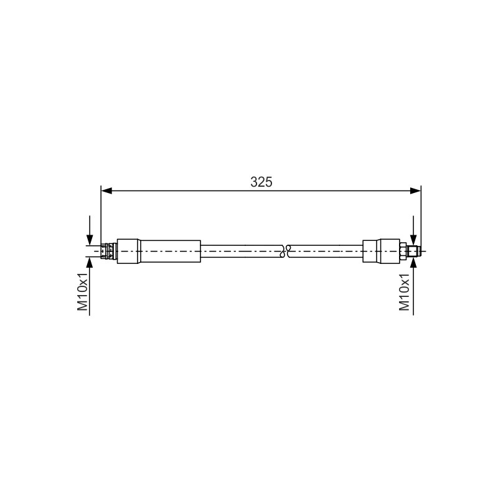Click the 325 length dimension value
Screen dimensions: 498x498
coord(261,182)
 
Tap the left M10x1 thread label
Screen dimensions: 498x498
coord(83,291)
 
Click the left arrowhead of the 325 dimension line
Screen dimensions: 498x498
coord(106,190)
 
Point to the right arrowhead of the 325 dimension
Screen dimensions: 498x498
coord(415,190)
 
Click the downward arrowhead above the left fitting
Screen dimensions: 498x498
coord(90,240)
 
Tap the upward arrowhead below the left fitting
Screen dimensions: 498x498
coord(90,263)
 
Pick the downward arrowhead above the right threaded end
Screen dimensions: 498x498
coord(413,240)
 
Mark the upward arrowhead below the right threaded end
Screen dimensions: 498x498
coord(413,263)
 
